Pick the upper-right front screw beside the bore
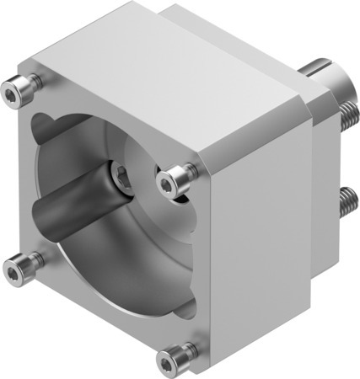[177, 177]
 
